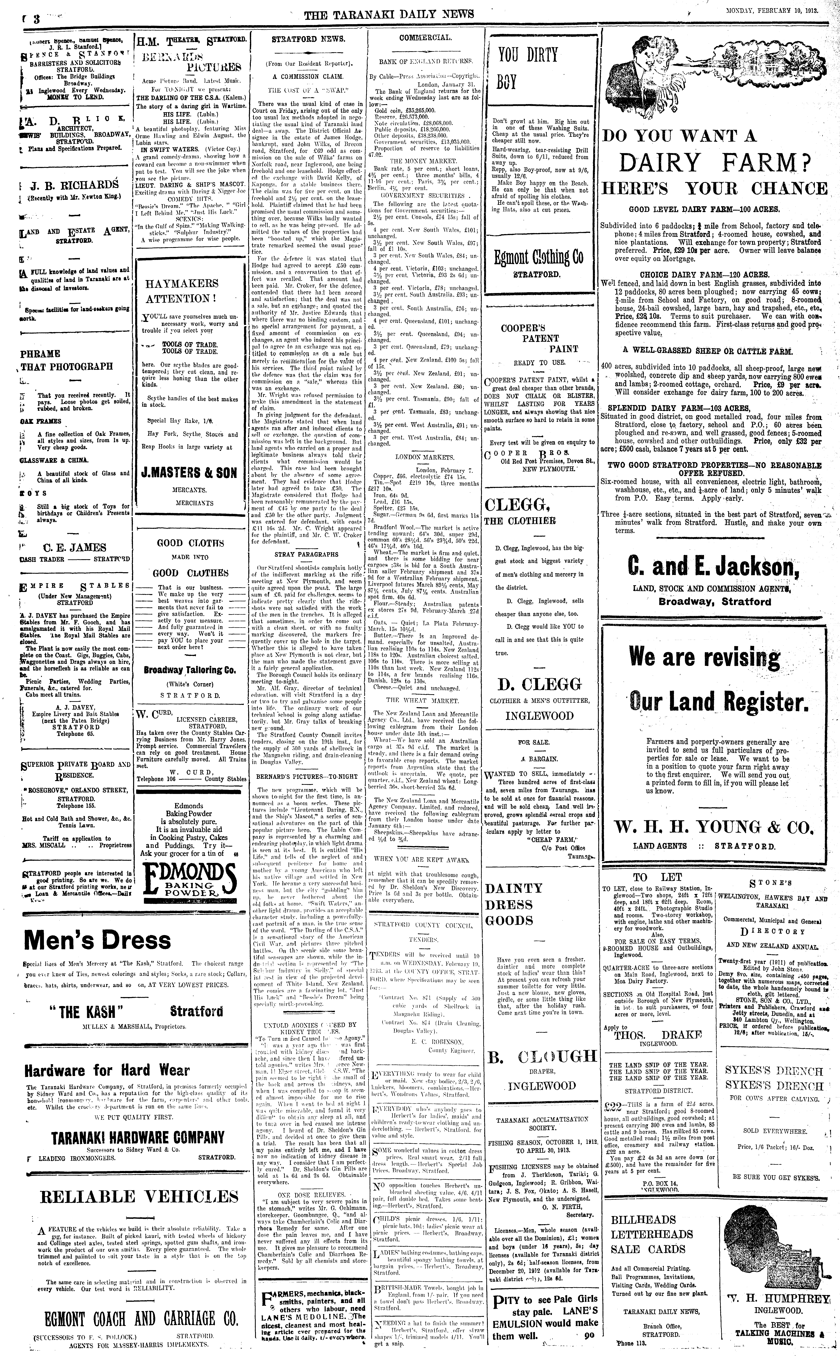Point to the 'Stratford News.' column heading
(x=308, y=39)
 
